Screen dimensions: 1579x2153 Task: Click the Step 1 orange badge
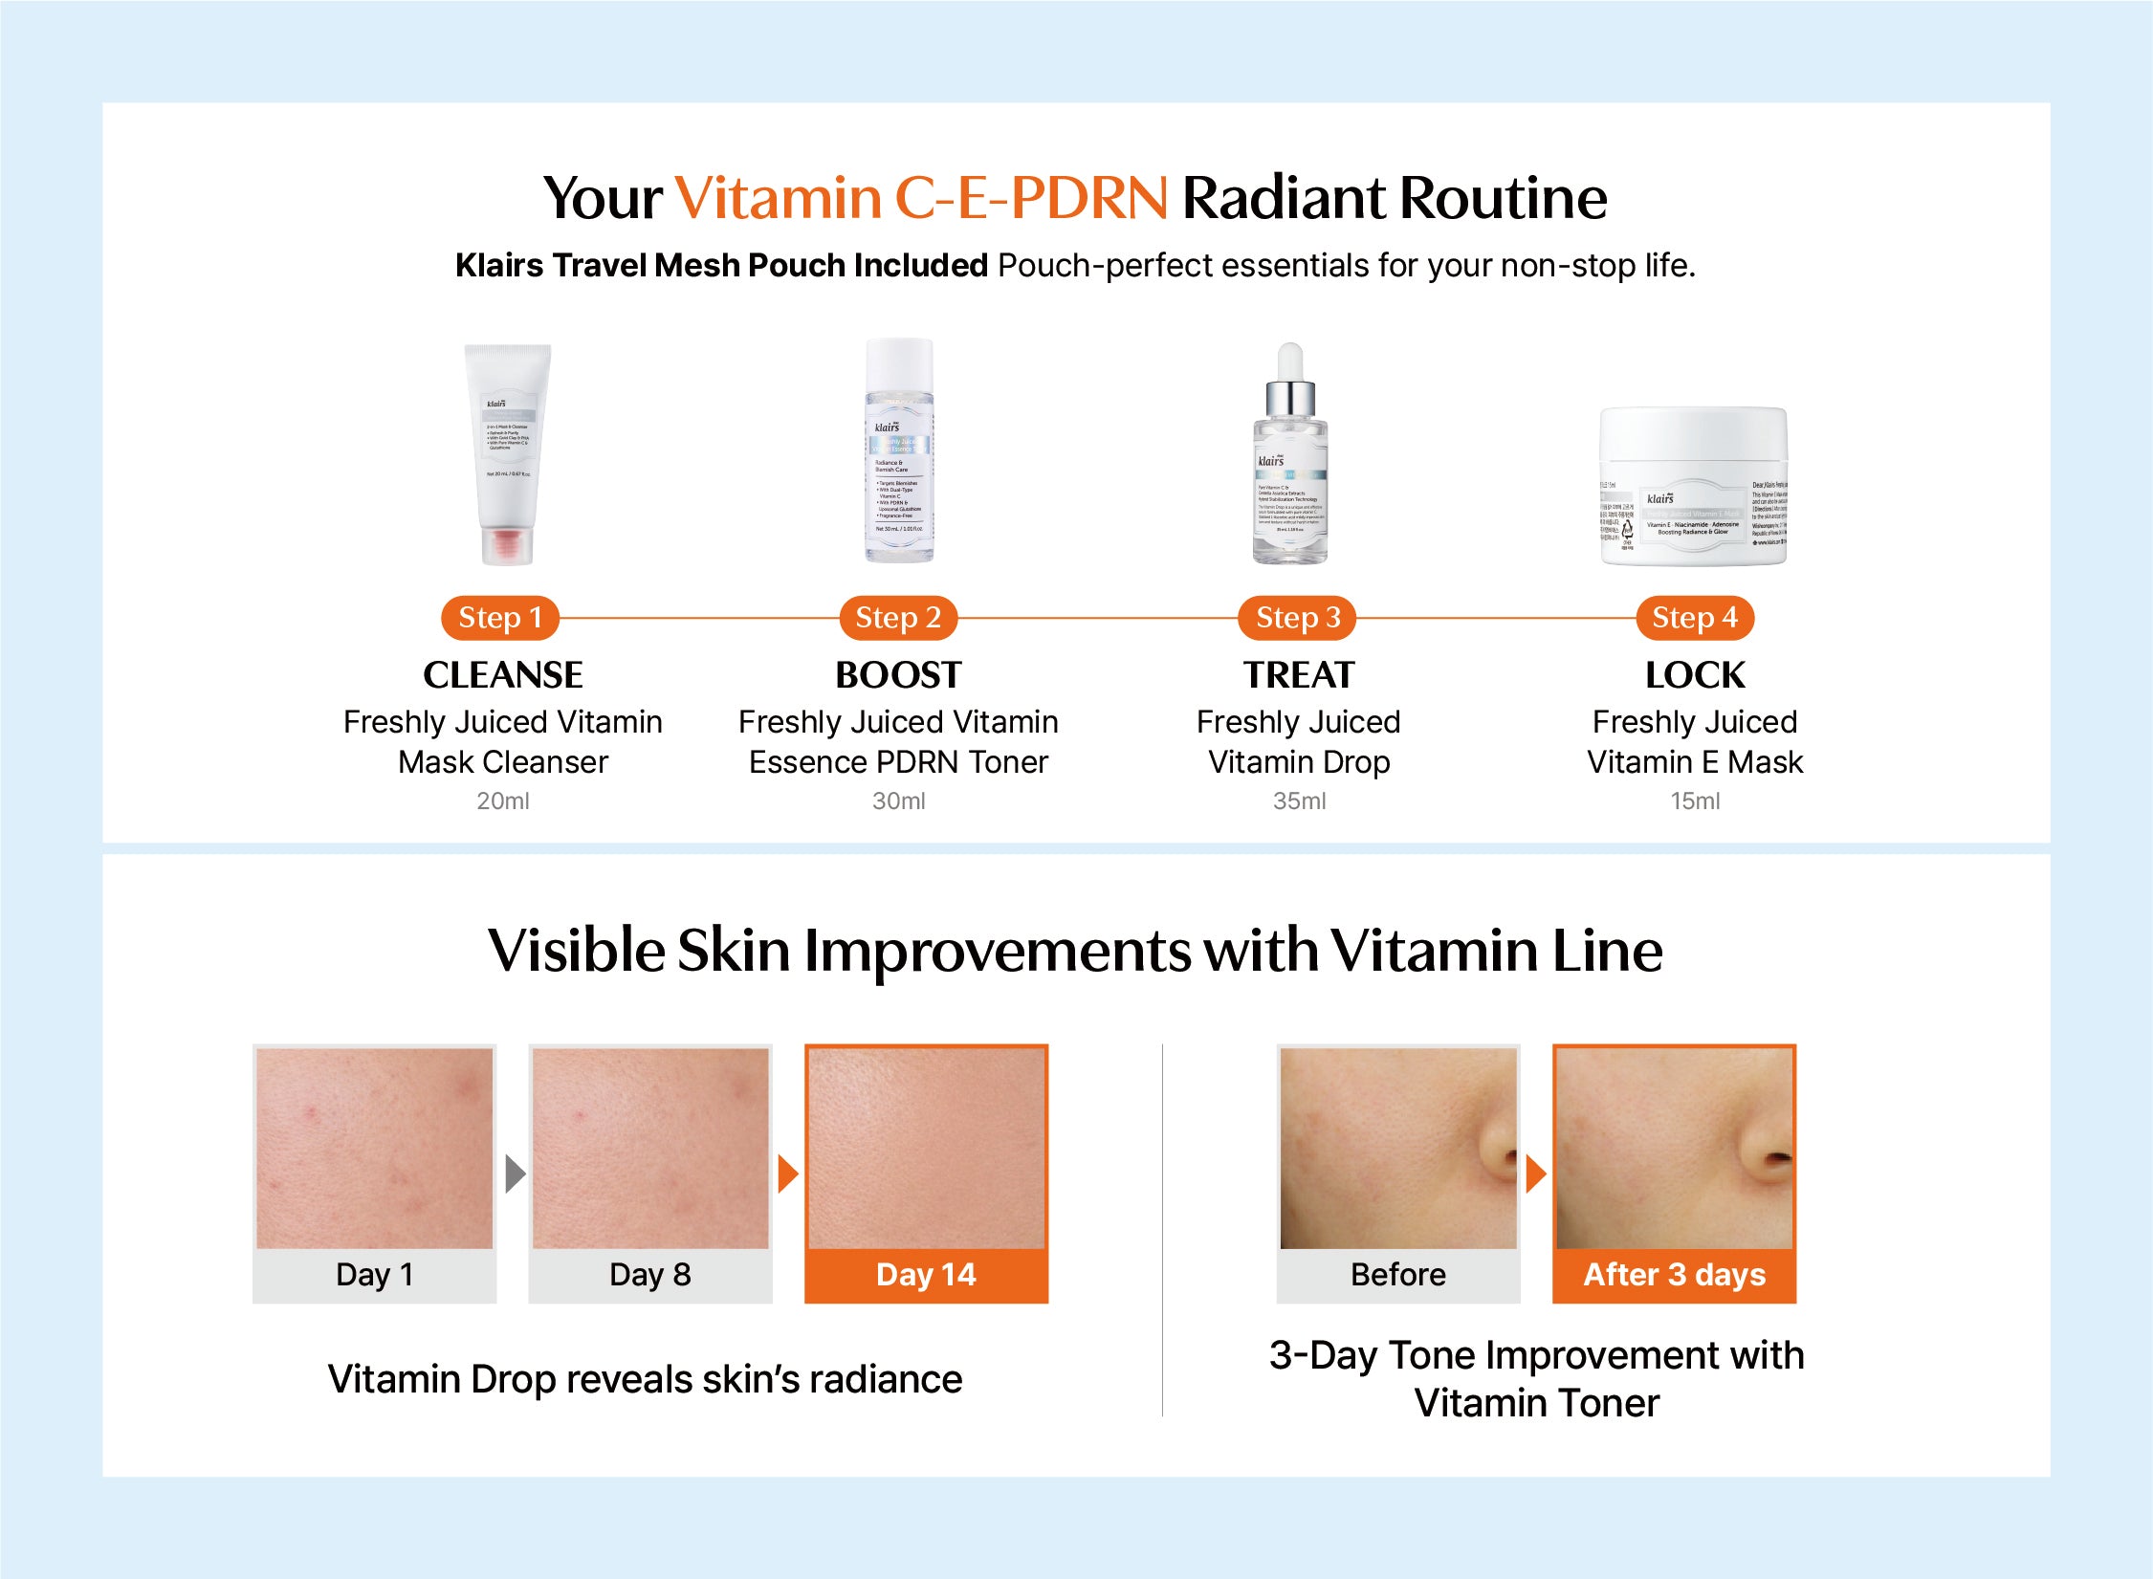click(x=499, y=618)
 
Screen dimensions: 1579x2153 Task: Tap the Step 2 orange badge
click(x=898, y=618)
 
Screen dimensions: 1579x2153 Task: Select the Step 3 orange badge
click(x=1298, y=618)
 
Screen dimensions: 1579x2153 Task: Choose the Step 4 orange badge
click(x=1695, y=618)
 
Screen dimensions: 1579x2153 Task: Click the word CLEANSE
click(x=503, y=675)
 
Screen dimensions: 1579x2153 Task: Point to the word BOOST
click(x=898, y=675)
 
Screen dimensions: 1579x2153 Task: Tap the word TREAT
click(x=1299, y=675)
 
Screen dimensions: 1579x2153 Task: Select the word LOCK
click(x=1695, y=675)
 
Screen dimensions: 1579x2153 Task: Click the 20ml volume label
click(x=503, y=800)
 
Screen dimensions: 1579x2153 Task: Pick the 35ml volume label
click(x=1299, y=800)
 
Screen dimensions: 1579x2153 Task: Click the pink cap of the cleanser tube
click(x=507, y=547)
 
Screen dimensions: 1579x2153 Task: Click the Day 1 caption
click(x=375, y=1275)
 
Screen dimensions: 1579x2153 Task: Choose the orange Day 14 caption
click(x=926, y=1275)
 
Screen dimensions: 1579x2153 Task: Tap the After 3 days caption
click(x=1674, y=1275)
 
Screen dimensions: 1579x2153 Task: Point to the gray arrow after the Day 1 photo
click(x=516, y=1173)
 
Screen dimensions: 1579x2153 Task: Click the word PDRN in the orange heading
click(x=1088, y=198)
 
